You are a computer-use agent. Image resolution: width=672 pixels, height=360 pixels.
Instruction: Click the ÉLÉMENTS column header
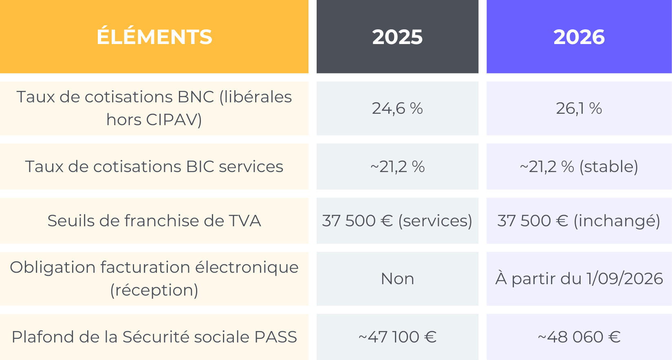tap(154, 37)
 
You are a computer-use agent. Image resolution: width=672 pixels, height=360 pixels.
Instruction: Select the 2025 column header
tap(397, 37)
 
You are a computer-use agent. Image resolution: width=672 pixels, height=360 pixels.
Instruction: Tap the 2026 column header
tap(579, 37)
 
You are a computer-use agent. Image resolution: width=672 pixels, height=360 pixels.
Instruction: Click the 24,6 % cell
tap(397, 108)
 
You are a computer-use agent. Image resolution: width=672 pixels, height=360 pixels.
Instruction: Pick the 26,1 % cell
tap(579, 108)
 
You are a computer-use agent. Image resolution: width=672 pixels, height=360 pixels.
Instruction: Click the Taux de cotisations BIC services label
tap(154, 167)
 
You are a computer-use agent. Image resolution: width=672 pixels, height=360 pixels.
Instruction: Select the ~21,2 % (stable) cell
tap(579, 167)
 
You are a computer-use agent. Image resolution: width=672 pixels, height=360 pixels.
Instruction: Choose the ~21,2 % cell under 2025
tap(397, 167)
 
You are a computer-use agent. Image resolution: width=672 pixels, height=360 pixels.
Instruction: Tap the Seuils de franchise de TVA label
tap(154, 221)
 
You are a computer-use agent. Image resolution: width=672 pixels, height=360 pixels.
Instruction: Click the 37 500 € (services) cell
tap(397, 221)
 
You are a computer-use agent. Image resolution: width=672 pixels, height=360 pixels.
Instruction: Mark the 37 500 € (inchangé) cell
tap(579, 221)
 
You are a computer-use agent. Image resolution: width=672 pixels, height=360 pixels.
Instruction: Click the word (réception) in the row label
tap(154, 290)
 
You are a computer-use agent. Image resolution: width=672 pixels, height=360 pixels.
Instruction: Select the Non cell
tap(397, 279)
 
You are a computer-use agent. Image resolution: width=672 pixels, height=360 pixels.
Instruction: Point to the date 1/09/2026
tap(624, 279)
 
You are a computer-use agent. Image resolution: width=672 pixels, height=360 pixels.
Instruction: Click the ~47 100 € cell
tap(397, 337)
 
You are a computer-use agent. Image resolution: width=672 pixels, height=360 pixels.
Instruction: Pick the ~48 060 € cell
tap(579, 337)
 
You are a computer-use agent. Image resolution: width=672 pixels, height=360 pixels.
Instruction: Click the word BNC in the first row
tap(196, 97)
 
